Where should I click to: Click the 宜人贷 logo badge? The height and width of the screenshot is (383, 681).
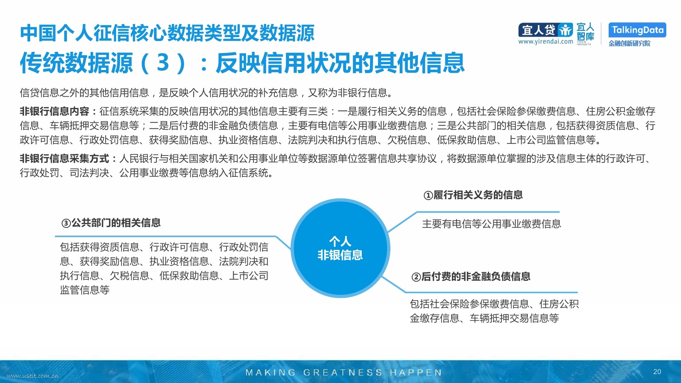click(x=546, y=30)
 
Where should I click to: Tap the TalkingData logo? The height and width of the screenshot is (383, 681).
click(x=637, y=30)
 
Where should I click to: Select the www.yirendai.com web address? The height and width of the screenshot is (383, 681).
click(x=546, y=41)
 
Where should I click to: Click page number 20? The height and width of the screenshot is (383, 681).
click(x=657, y=372)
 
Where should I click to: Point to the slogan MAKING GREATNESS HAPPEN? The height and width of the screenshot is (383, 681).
click(x=344, y=373)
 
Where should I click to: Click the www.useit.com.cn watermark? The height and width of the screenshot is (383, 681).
click(x=33, y=376)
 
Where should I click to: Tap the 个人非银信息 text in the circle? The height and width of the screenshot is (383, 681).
click(x=340, y=248)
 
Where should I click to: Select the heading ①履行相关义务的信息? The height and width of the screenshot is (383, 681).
click(x=473, y=195)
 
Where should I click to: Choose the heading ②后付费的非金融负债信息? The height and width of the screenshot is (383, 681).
click(x=471, y=277)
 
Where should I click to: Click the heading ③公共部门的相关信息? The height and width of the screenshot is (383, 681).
click(x=111, y=223)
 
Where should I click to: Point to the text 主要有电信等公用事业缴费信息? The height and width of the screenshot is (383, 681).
click(x=491, y=224)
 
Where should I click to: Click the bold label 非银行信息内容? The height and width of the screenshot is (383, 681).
click(x=55, y=111)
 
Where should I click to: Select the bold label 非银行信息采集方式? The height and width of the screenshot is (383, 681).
click(x=65, y=159)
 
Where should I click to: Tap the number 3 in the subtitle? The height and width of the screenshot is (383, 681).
click(x=163, y=63)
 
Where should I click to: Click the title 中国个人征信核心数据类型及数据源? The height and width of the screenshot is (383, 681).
click(x=167, y=33)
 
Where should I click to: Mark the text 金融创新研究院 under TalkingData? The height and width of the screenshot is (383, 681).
click(x=630, y=43)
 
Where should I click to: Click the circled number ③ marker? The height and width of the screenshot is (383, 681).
click(x=66, y=223)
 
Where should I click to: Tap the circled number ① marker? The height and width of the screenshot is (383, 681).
click(x=428, y=195)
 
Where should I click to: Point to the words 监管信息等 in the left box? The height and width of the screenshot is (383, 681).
click(x=85, y=290)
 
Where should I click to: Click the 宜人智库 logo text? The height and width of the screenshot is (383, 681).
click(x=585, y=32)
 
